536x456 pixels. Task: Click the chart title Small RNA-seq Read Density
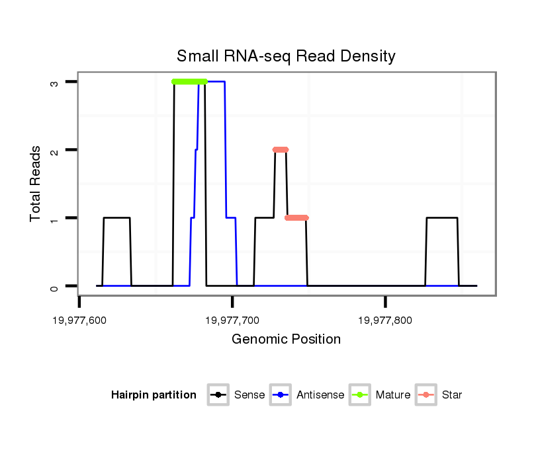pos(286,56)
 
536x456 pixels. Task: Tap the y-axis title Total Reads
pos(36,184)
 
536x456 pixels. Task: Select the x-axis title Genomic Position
pos(286,340)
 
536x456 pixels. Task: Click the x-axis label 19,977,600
pos(79,321)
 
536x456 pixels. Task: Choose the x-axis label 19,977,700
pos(232,321)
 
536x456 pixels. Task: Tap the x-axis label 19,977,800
pos(385,321)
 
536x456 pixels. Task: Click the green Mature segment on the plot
pos(189,81)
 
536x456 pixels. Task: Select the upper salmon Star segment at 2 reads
pos(281,149)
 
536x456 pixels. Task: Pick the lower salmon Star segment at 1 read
pos(297,217)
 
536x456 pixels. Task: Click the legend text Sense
pos(249,395)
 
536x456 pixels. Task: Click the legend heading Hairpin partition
pos(154,395)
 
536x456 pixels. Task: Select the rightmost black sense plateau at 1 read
pos(442,217)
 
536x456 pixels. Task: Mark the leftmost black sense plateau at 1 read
pos(116,217)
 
